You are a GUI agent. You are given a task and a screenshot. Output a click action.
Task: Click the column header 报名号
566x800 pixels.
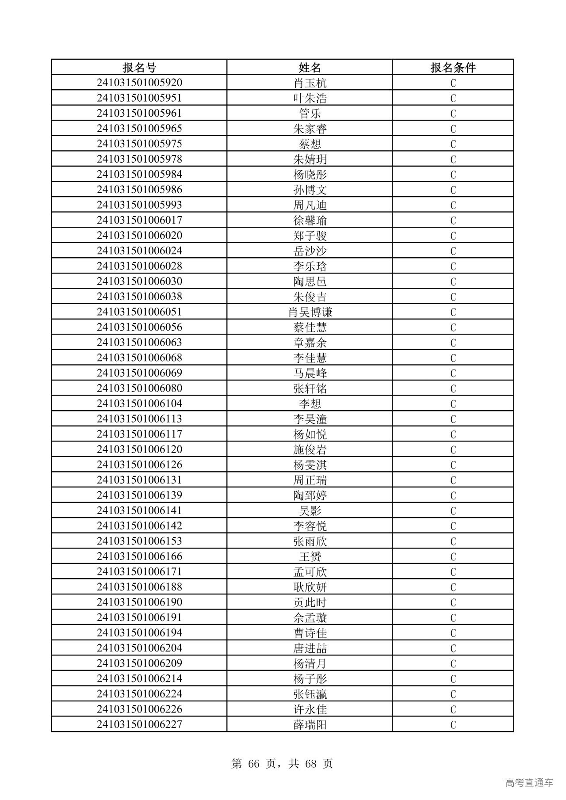click(x=139, y=67)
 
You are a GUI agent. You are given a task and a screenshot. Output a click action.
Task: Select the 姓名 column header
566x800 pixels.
click(x=310, y=67)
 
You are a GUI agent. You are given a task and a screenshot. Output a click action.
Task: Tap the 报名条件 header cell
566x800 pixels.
click(x=453, y=67)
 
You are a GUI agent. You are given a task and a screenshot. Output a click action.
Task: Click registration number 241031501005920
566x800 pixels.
click(x=139, y=83)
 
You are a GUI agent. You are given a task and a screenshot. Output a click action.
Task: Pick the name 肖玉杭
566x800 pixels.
click(x=310, y=83)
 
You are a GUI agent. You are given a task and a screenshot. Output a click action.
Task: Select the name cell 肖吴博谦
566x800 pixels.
click(x=310, y=312)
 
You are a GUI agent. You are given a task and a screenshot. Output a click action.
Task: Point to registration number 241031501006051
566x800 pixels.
click(x=139, y=312)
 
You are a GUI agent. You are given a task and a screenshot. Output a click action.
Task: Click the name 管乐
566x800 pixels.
click(x=310, y=114)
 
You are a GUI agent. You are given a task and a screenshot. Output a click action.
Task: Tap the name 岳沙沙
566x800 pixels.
click(x=310, y=251)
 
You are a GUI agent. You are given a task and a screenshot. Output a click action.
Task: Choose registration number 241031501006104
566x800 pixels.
click(x=139, y=403)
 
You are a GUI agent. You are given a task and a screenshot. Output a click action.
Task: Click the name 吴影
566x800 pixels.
click(x=310, y=510)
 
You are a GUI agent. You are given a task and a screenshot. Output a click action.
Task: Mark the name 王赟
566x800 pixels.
click(x=310, y=556)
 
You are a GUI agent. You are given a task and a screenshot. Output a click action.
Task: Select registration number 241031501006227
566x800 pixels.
click(x=139, y=724)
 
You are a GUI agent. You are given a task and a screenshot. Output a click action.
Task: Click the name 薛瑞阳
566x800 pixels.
click(x=310, y=724)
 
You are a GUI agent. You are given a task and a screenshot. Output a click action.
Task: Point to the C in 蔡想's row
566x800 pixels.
click(x=453, y=144)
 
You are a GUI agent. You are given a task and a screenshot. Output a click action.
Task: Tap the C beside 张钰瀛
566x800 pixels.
click(x=453, y=694)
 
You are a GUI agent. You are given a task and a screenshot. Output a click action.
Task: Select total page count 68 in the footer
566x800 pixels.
click(x=310, y=763)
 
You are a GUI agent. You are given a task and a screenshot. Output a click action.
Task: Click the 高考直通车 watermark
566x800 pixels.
click(x=529, y=782)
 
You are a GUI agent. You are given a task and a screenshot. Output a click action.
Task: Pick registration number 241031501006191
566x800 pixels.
click(x=139, y=617)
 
